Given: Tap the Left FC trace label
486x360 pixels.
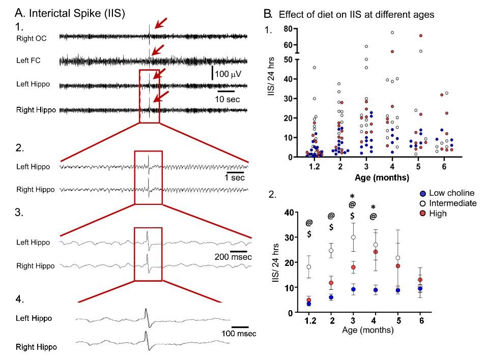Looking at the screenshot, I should (x=28, y=61).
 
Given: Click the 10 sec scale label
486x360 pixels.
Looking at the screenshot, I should (x=226, y=98).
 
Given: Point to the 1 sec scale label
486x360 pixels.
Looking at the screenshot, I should (x=236, y=178).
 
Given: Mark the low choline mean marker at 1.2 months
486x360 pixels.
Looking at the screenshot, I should (x=308, y=304).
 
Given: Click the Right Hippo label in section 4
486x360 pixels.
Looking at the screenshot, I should (x=37, y=347).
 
